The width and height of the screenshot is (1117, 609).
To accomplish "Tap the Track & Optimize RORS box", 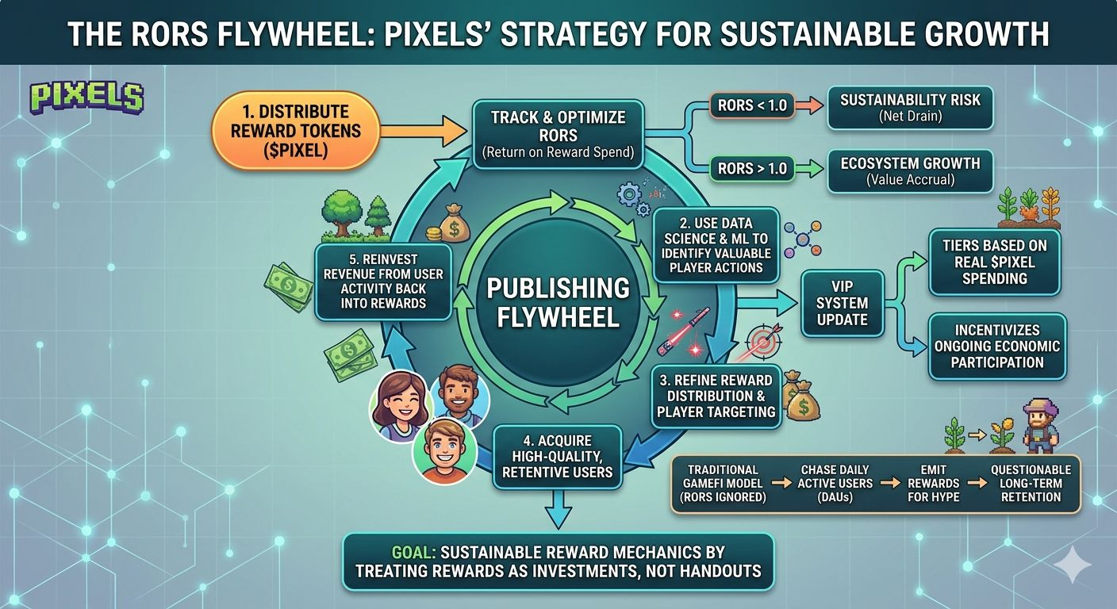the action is [558, 134].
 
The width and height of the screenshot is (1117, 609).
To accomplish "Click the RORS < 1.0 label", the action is [747, 105].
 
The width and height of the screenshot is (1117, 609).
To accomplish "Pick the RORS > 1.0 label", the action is [747, 168].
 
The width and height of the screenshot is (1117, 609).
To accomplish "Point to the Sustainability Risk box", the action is [909, 108].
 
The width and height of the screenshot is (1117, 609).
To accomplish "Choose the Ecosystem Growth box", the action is [909, 170].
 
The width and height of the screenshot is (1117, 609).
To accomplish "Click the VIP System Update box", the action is [842, 303].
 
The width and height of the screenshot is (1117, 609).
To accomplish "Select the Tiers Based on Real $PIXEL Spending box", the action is [994, 262].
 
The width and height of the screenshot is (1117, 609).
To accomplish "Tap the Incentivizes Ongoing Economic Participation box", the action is [998, 346].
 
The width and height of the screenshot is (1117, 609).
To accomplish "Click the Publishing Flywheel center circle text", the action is [558, 301].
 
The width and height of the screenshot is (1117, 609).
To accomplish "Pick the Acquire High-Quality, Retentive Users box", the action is [558, 457].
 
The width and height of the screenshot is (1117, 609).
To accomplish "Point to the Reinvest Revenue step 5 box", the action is [383, 282].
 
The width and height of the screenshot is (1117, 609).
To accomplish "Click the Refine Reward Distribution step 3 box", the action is [716, 396].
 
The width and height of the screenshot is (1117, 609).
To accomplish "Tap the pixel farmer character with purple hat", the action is [1040, 426].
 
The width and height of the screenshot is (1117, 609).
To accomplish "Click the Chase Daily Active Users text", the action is [836, 483].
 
